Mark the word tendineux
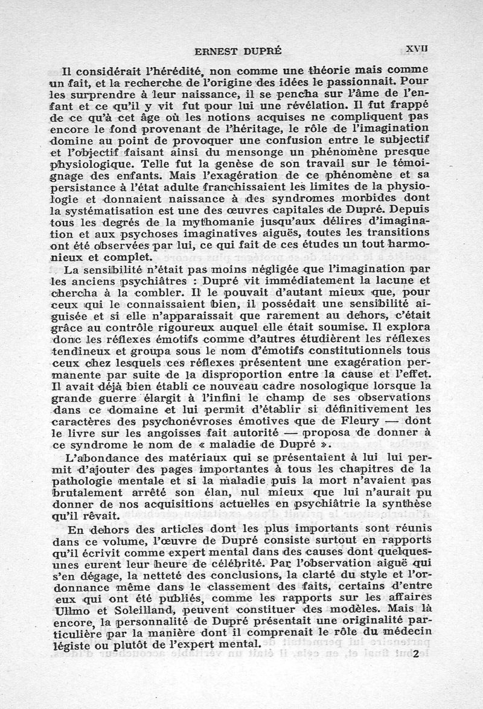(80, 351)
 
